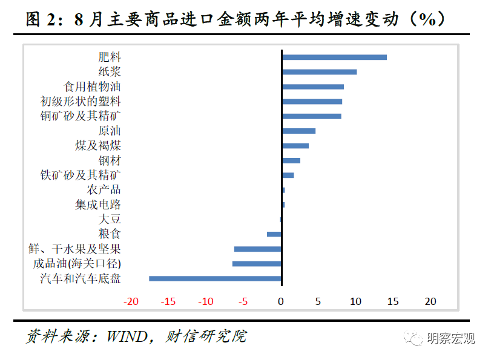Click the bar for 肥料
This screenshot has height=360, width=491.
click(334, 57)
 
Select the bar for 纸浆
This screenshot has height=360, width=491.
click(319, 72)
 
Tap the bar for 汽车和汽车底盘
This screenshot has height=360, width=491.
click(216, 278)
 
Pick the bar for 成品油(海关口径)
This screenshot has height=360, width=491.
click(257, 264)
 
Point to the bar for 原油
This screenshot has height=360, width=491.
click(298, 131)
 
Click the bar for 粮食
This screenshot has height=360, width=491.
click(274, 234)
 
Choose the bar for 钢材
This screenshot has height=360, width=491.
click(291, 160)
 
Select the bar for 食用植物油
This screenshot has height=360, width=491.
click(313, 87)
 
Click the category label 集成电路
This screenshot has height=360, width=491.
click(98, 205)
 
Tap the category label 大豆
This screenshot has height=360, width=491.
click(110, 219)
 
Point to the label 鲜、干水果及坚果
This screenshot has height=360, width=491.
click(75, 249)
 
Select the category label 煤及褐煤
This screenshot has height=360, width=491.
click(98, 146)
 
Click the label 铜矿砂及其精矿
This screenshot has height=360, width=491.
click(81, 116)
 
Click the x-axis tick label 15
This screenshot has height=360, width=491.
click(393, 301)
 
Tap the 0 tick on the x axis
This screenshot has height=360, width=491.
click(281, 301)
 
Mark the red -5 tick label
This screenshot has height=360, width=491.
click(243, 301)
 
